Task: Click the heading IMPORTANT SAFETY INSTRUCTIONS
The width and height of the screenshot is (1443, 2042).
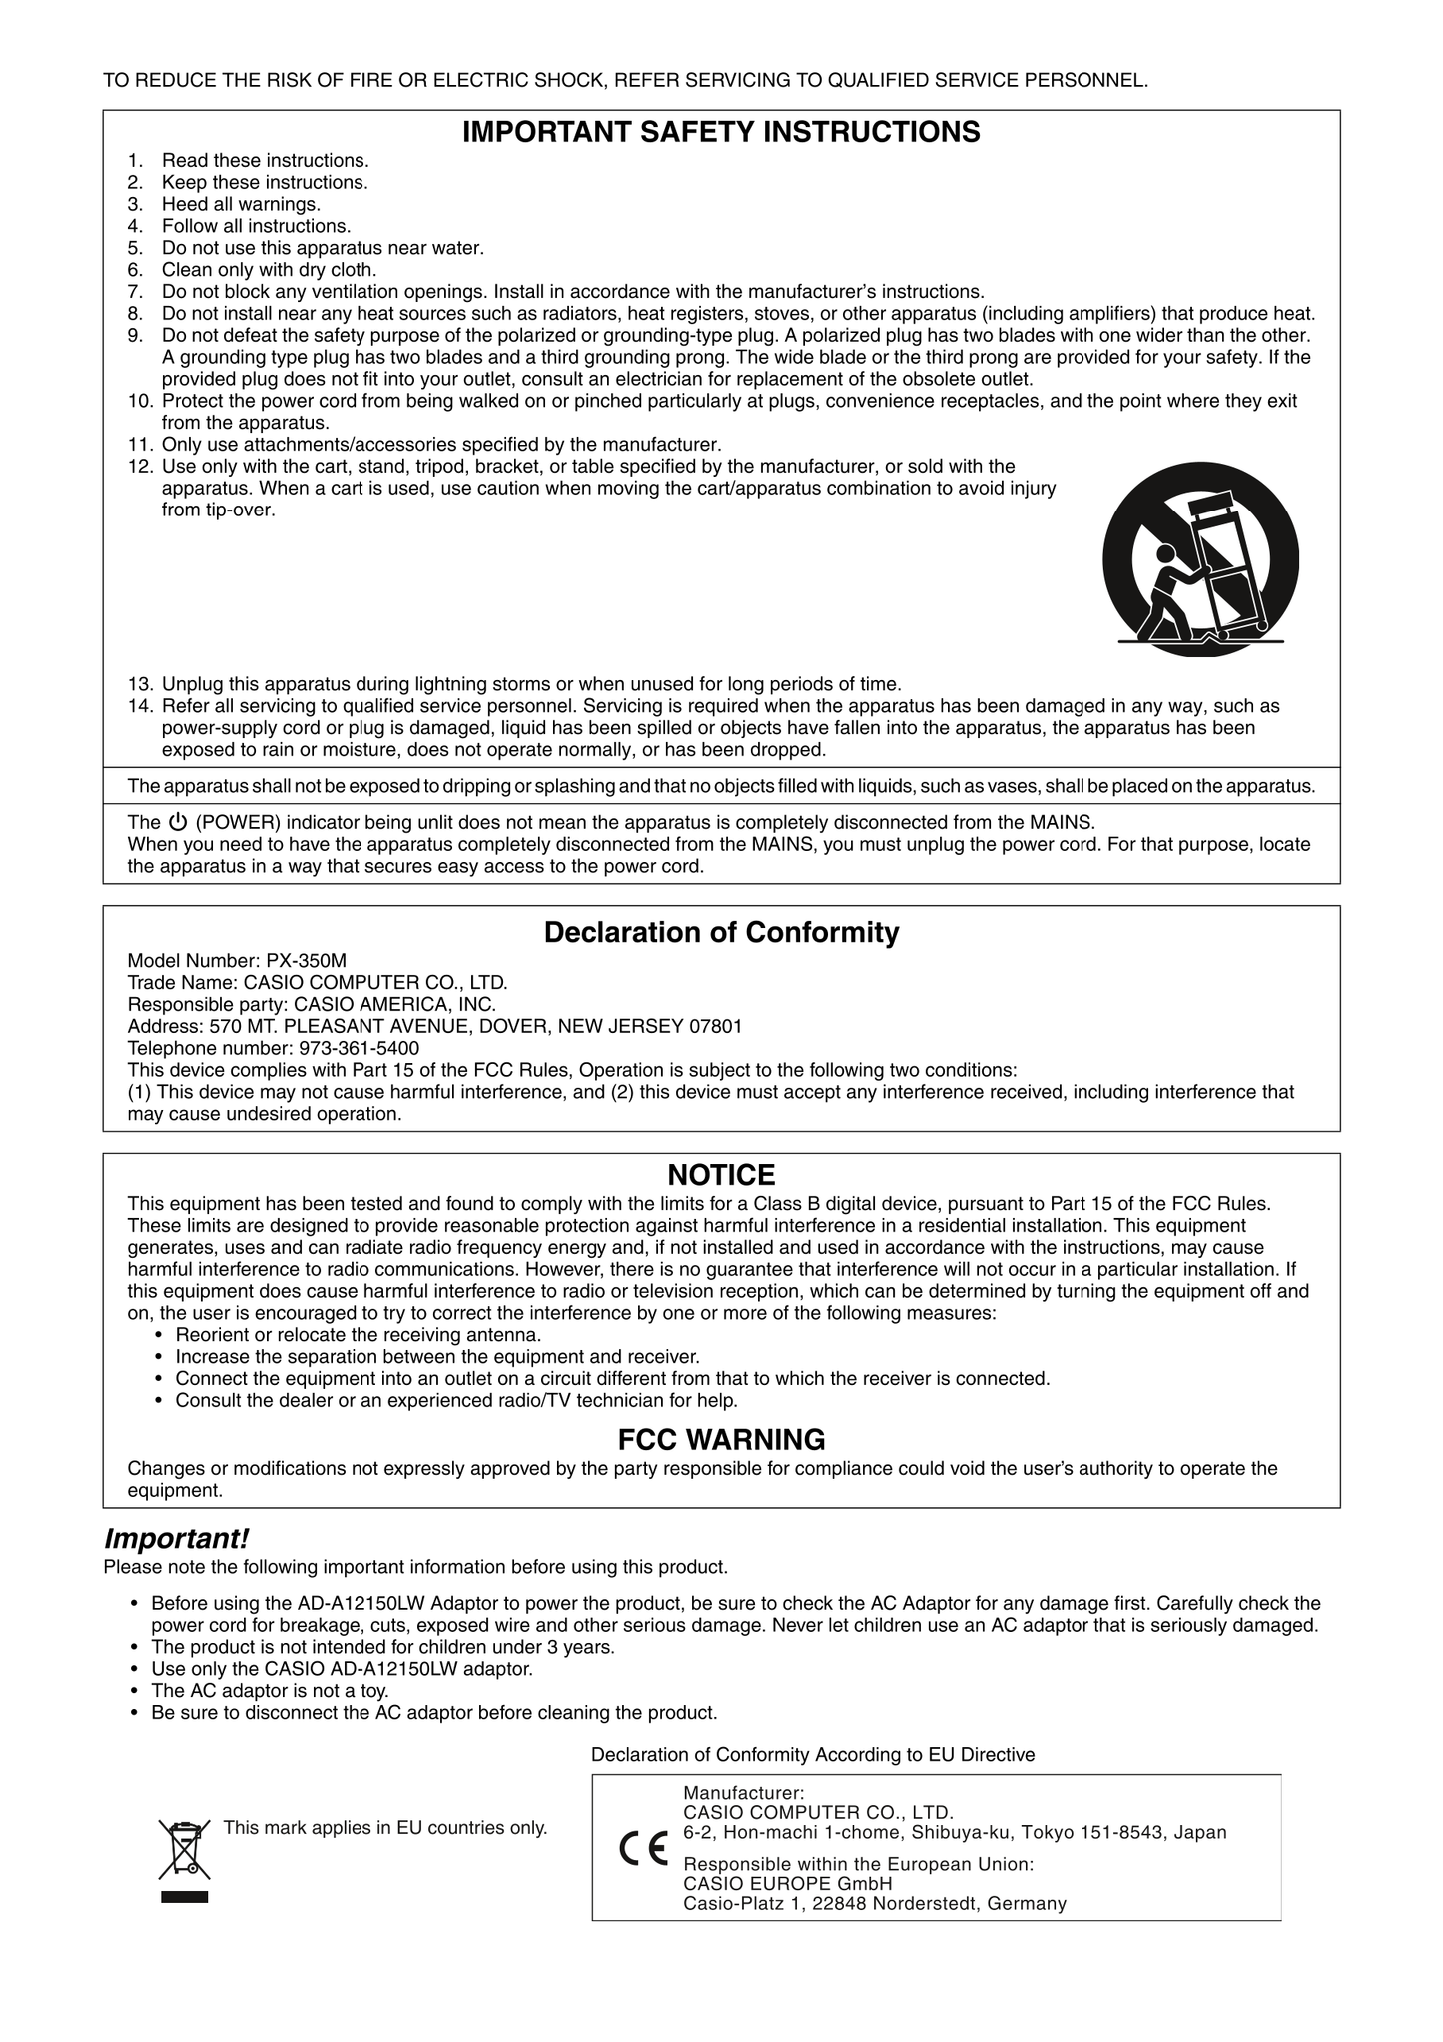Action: point(721,132)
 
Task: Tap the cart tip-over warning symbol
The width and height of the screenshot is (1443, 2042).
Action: point(1200,558)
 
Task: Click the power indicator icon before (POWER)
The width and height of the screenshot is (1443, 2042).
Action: point(178,823)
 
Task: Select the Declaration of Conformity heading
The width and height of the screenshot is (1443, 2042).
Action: point(721,933)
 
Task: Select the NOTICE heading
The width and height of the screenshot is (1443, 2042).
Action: point(721,1175)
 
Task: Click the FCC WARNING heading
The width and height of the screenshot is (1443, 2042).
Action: point(721,1440)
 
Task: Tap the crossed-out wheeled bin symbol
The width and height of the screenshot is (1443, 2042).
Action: point(185,1848)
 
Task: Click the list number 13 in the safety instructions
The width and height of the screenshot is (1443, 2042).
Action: point(140,684)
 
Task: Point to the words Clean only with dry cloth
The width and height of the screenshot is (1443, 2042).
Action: point(270,270)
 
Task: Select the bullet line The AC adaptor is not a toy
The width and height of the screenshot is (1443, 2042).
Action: point(270,1691)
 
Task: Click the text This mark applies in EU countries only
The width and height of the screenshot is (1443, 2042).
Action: point(385,1828)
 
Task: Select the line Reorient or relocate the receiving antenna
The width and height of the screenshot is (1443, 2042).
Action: point(359,1335)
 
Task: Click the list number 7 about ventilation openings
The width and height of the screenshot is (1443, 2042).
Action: point(135,292)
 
